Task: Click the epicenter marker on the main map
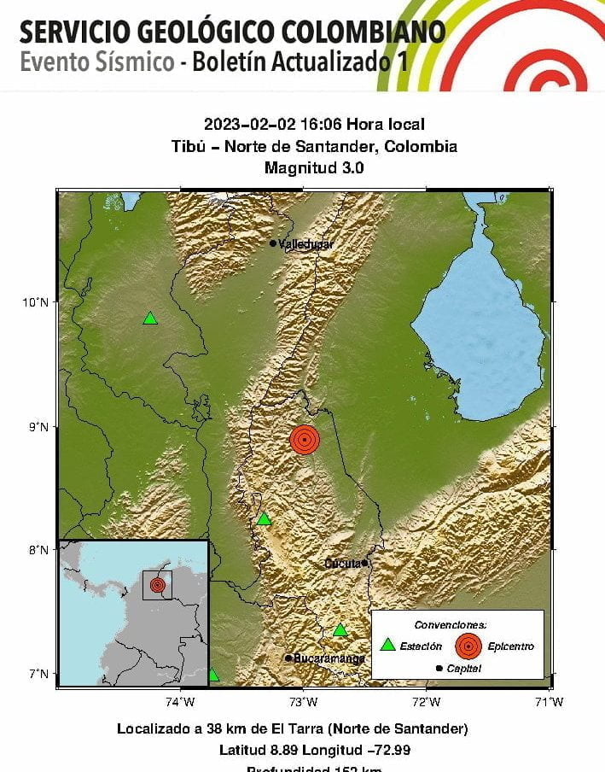point(305,439)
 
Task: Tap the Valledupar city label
point(305,244)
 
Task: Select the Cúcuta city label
point(344,563)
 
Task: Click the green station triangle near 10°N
point(150,319)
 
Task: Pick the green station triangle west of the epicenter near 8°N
point(264,519)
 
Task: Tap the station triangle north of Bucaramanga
point(340,630)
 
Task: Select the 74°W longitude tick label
point(180,702)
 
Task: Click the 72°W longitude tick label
point(426,702)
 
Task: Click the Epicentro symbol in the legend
point(468,646)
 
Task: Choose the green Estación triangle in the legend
point(388,646)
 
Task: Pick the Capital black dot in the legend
point(439,668)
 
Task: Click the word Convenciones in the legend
point(450,624)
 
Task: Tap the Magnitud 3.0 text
point(314,168)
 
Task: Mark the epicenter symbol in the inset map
point(157,585)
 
